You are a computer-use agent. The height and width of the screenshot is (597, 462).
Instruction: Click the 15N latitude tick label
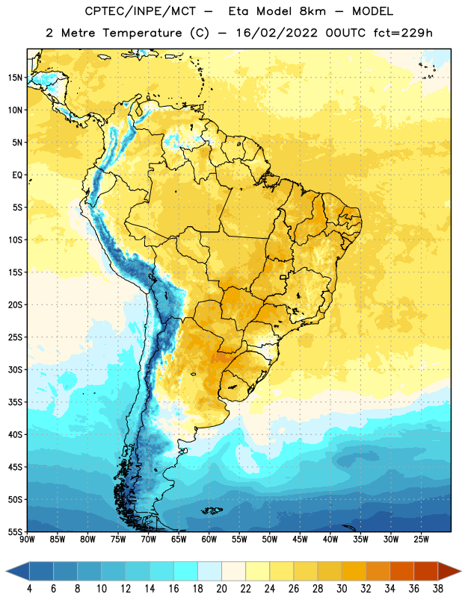click(15, 78)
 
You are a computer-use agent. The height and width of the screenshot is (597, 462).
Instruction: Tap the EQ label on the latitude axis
click(17, 175)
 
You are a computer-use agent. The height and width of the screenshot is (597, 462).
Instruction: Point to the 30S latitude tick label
click(15, 369)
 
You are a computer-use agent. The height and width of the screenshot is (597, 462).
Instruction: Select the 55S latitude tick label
click(15, 531)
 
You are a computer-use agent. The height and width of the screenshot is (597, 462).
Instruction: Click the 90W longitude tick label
click(27, 540)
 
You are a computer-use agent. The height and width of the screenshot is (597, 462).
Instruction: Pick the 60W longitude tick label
click(209, 540)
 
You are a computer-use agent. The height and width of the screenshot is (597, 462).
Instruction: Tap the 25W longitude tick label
click(421, 540)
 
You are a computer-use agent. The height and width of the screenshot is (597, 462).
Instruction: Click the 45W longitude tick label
click(300, 540)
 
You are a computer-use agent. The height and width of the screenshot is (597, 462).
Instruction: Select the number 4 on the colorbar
click(29, 589)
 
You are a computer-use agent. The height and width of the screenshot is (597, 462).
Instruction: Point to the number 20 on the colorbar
click(221, 589)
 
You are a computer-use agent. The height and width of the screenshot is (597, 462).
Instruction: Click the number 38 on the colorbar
click(438, 589)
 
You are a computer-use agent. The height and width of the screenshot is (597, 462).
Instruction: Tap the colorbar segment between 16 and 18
click(185, 572)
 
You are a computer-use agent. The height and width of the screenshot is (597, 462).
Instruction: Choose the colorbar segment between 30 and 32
click(354, 572)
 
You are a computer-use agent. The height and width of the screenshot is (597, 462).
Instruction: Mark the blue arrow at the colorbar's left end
click(18, 572)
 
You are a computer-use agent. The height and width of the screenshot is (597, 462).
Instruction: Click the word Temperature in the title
click(142, 33)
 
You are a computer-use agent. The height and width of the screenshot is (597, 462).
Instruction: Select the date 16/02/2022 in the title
click(277, 33)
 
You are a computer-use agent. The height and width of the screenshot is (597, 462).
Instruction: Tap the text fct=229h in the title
click(403, 33)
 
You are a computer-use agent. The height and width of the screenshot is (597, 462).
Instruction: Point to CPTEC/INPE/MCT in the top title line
click(140, 11)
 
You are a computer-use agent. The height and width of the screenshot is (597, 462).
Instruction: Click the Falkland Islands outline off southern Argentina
click(212, 510)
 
